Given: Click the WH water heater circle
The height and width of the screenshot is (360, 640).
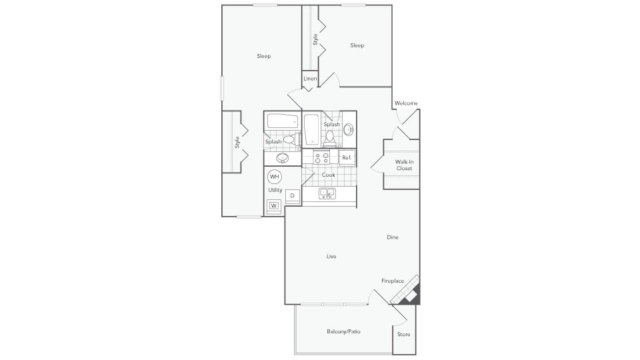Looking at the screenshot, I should tap(275, 177).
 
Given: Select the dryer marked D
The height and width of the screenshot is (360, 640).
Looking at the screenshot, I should tap(292, 195).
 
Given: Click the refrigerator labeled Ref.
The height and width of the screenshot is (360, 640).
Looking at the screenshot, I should tap(347, 158).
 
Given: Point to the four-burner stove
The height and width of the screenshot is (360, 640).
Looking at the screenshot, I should tap(321, 158).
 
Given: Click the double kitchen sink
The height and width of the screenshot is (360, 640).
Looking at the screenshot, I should tap(327, 193).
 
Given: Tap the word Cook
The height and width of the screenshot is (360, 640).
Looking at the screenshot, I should tap(328, 175).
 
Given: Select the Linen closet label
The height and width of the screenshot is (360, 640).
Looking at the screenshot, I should tap(309, 79).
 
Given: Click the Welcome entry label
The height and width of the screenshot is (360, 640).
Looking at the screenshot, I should tap(406, 103).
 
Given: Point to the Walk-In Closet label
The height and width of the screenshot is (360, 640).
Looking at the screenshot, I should tap(403, 165).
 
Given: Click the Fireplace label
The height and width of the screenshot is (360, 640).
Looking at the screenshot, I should tap(393, 281).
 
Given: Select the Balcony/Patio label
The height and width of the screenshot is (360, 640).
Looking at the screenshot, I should tap(343, 331).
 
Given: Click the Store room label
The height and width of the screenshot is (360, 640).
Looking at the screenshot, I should tap(403, 334).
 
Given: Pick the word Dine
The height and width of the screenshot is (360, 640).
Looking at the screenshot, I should tap(392, 237).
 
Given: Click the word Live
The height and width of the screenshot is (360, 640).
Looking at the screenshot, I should tap(331, 256).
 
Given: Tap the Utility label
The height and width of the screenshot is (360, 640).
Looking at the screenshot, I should tap(275, 190).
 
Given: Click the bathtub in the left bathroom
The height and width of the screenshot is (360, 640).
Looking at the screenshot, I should tap(282, 122).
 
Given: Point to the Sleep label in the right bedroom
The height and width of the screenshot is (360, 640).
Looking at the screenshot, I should tap(357, 45).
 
